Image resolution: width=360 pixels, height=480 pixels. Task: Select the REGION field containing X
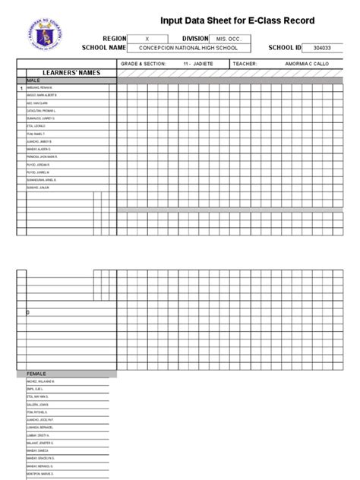[147, 37]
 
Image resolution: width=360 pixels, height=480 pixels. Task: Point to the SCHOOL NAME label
[106, 47]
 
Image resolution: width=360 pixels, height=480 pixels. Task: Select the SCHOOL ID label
[278, 47]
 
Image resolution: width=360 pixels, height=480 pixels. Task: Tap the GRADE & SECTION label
[143, 65]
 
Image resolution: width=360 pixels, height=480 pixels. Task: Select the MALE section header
[33, 80]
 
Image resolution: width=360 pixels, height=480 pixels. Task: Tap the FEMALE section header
[36, 374]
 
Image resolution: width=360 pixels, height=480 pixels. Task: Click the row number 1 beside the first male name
[21, 88]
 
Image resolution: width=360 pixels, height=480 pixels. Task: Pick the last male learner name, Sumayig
[37, 186]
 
